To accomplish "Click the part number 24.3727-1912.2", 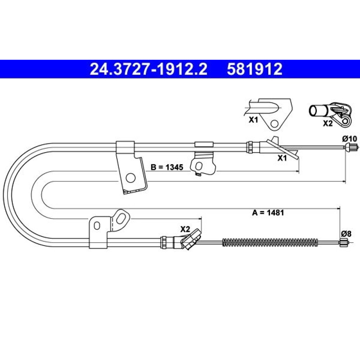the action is pos(149,69).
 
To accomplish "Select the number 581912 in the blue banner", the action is pos(255,69).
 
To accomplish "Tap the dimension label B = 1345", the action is pos(167,167).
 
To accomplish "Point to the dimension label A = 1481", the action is pos(268,213).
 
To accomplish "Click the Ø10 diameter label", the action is pos(350,139).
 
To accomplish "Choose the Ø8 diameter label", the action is pos(346,234).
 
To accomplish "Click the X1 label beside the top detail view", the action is pos(253,120).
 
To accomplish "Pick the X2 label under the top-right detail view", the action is pos(328,123).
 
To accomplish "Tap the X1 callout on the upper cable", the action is pos(282,158).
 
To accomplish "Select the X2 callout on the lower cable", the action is pos(185,229).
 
